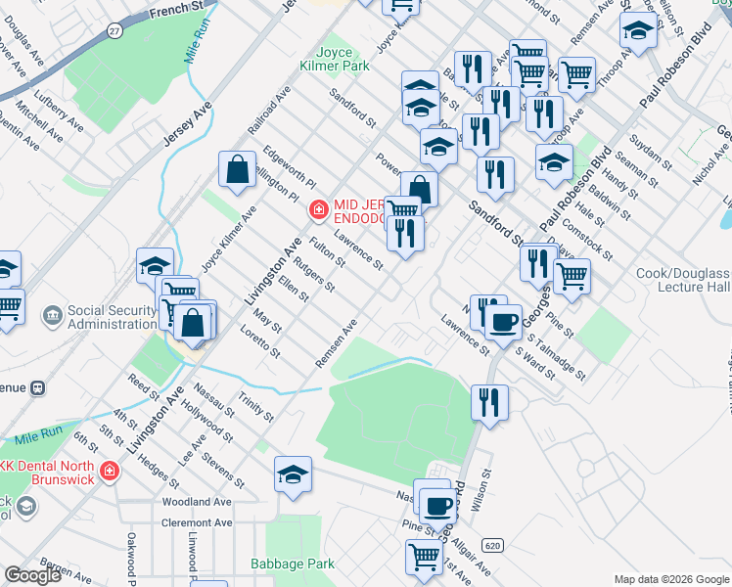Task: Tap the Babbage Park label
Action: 293,564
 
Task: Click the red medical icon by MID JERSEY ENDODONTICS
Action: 317,208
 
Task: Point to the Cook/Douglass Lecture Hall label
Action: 683,281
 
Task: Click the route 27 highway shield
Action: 115,31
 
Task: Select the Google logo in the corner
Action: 32,575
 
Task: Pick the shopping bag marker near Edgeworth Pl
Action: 237,169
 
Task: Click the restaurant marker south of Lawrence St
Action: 489,401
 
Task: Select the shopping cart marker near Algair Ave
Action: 424,556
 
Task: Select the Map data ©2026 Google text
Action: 669,579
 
